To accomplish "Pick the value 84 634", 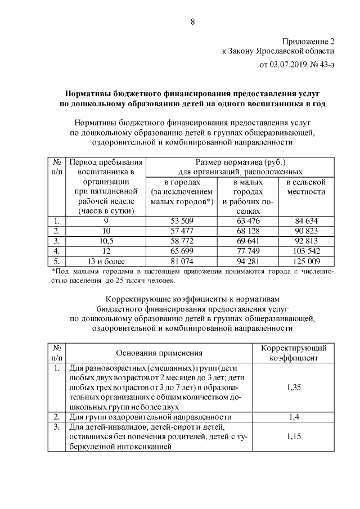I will [306, 220].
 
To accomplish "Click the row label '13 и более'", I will [106, 261].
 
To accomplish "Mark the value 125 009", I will [306, 261].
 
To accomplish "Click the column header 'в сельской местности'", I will [306, 187].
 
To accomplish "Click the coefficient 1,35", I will [294, 387].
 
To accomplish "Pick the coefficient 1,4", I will [294, 417].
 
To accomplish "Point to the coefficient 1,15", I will [294, 436].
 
